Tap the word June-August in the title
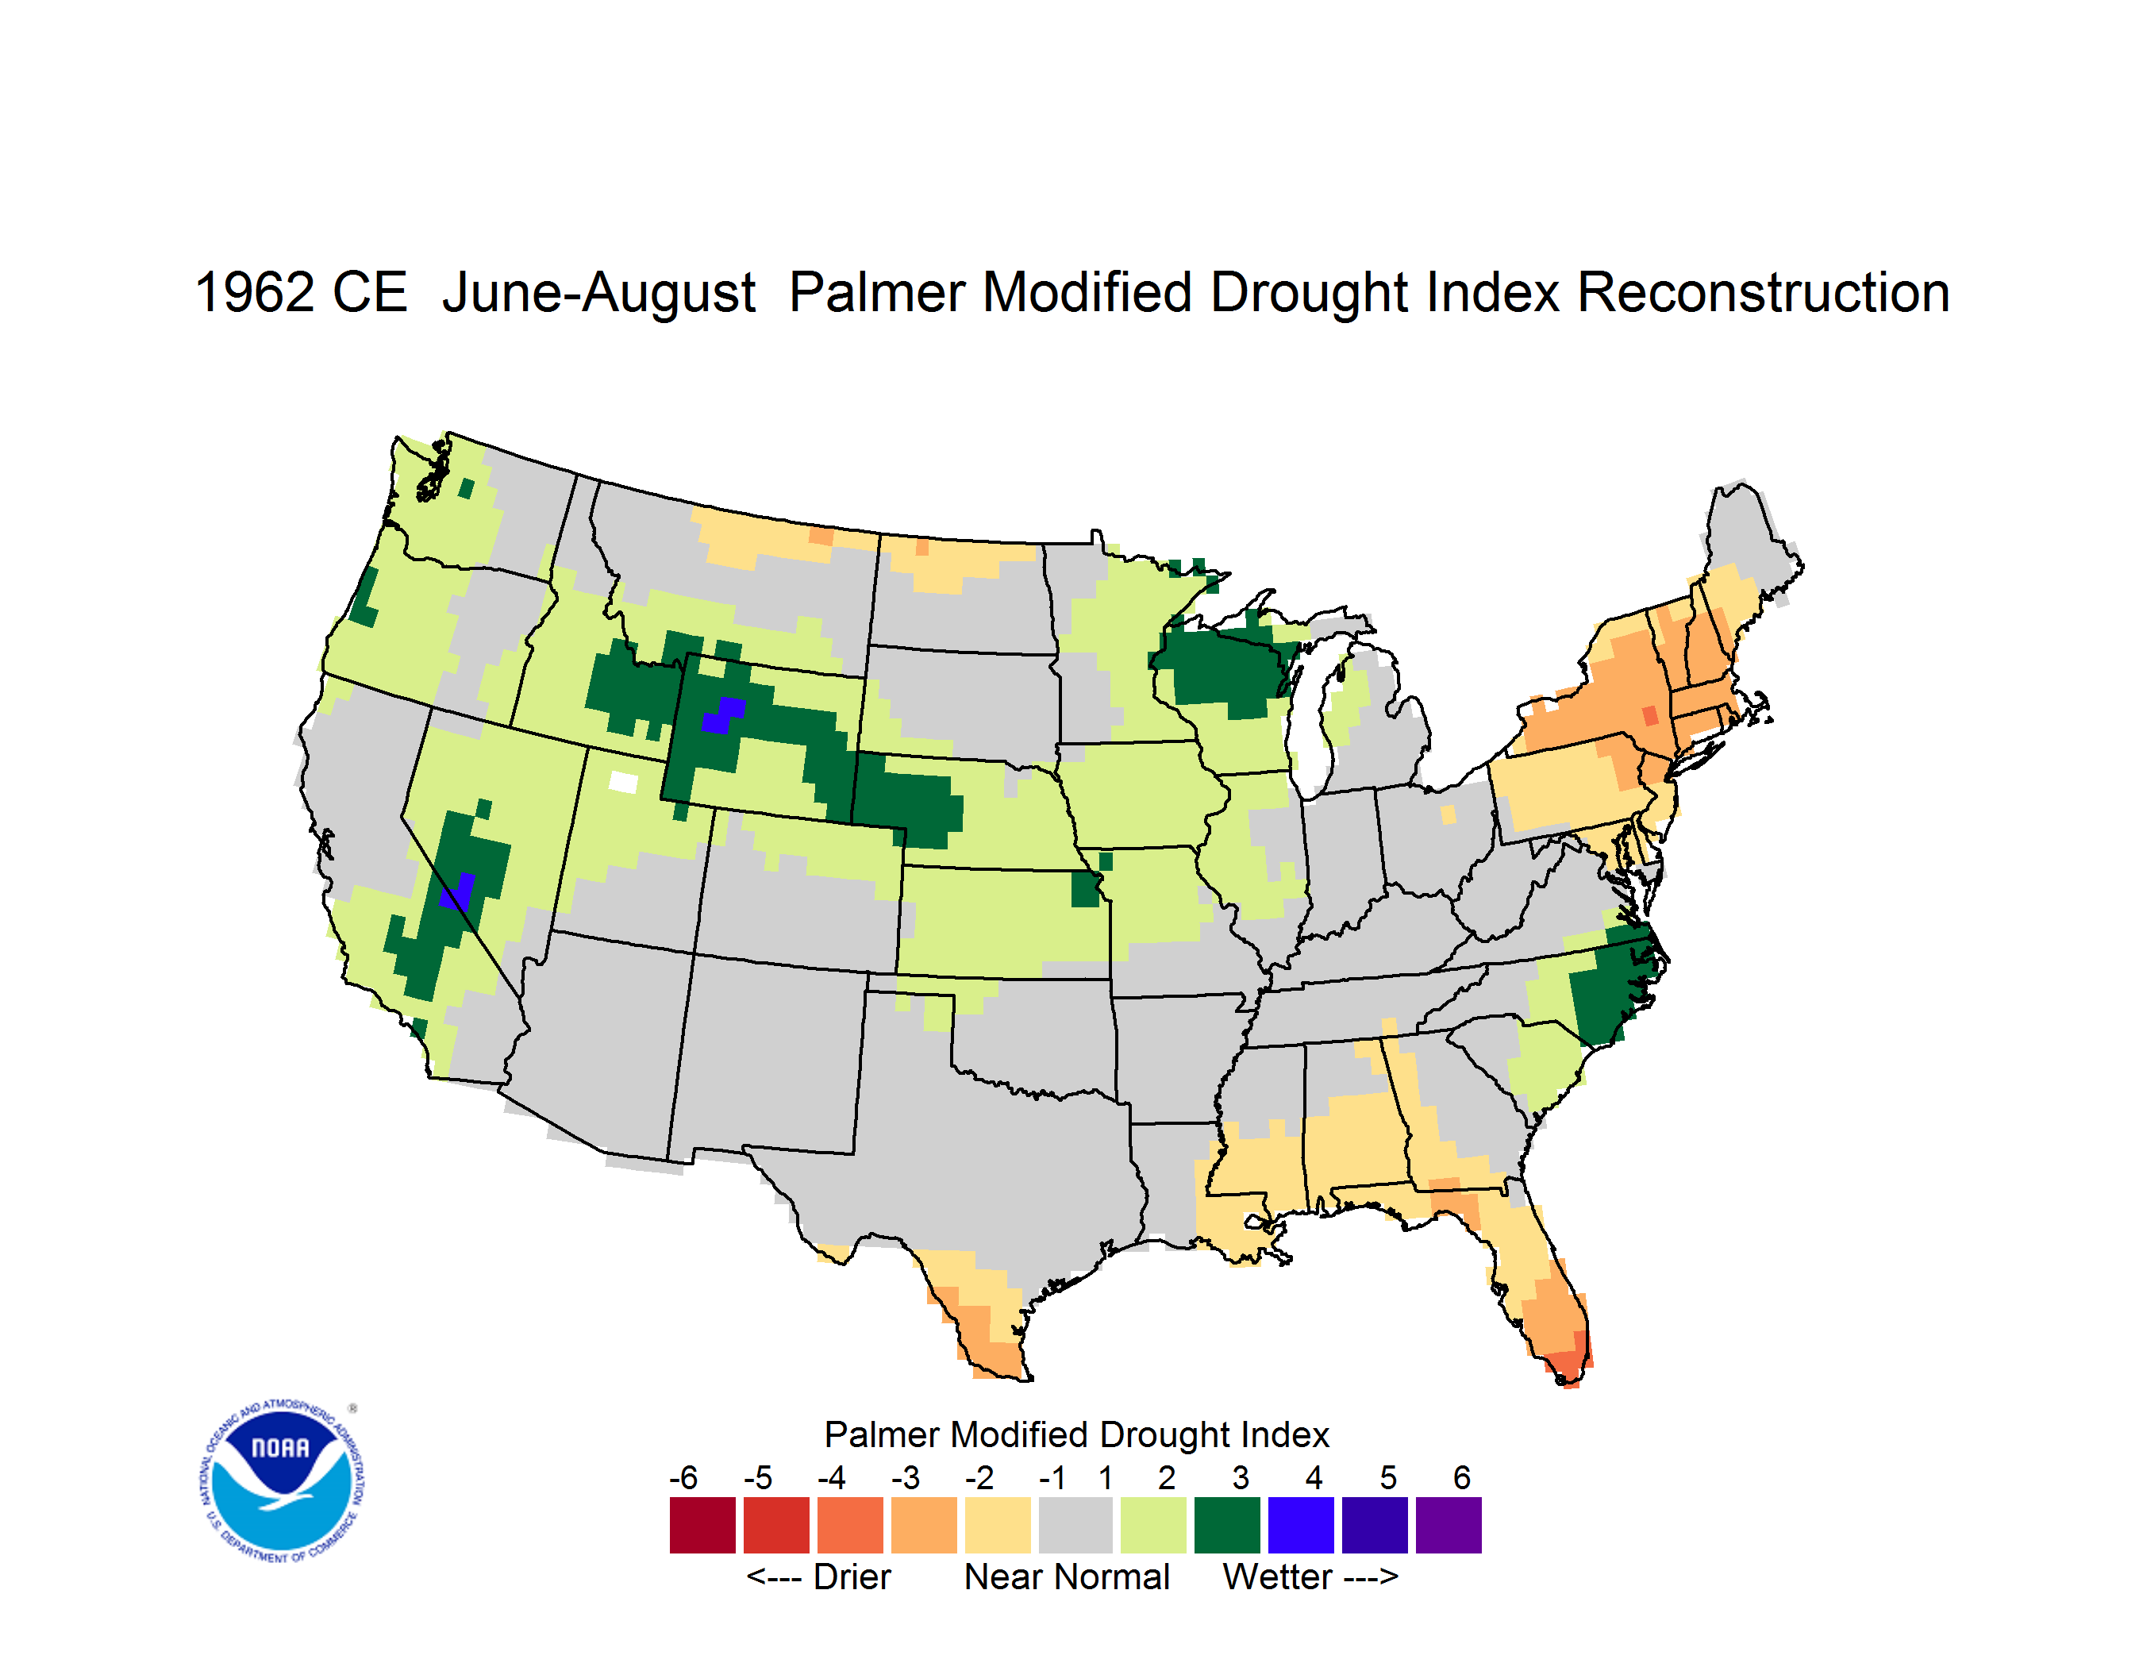(598, 295)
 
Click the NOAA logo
(282, 1481)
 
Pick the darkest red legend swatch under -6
(702, 1525)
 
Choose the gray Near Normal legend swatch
(1075, 1525)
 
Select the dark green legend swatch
(1226, 1525)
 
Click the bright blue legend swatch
(1301, 1525)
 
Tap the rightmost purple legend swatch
(1449, 1525)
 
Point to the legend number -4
(831, 1477)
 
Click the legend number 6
(1462, 1477)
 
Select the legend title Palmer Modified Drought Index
(1076, 1434)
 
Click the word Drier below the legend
(852, 1577)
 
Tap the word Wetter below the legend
(1278, 1577)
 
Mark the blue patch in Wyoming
(723, 714)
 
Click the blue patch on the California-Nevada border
(457, 891)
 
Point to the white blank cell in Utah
(623, 782)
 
